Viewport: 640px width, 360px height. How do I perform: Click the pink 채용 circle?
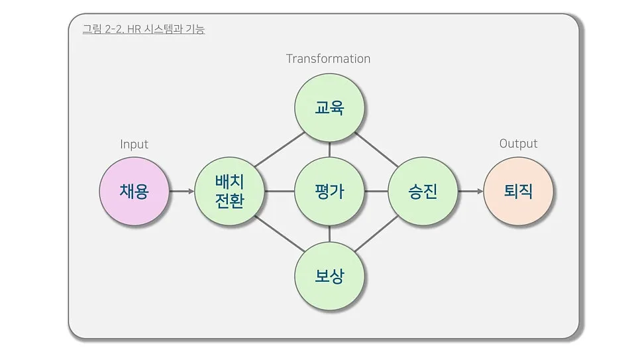[134, 192]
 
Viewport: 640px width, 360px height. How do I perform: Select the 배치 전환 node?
[229, 192]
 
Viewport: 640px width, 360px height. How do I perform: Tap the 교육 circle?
[329, 107]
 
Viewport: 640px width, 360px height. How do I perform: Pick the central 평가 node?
[329, 192]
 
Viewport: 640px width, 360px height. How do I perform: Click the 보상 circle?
[329, 276]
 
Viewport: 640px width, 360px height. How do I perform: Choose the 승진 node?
[423, 192]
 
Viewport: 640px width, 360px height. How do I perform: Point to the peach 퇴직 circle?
[518, 192]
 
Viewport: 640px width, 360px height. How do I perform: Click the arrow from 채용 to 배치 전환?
[182, 192]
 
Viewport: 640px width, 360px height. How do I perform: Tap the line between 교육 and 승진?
[376, 149]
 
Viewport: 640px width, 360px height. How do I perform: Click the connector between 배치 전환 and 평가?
[279, 192]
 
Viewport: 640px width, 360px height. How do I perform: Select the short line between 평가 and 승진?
[376, 192]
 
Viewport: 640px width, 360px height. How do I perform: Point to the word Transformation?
[328, 58]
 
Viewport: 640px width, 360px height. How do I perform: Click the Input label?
[134, 144]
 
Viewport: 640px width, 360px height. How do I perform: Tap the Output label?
[518, 144]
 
